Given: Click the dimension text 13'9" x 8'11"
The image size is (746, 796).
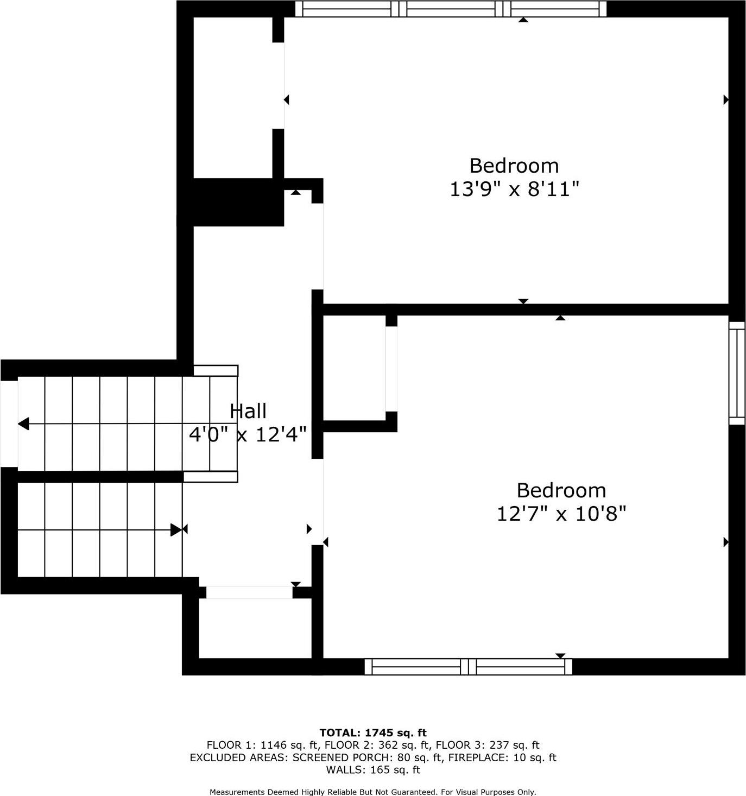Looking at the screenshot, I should tap(514, 189).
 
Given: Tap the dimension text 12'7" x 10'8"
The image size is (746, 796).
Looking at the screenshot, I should tap(561, 513).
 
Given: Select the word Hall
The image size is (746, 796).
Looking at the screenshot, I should tap(248, 411).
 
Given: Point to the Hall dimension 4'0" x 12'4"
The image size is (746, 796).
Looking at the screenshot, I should tap(248, 434).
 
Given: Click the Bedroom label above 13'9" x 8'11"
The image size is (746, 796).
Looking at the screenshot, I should tap(514, 165).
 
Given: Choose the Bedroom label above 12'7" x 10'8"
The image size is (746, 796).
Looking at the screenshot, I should tap(561, 490).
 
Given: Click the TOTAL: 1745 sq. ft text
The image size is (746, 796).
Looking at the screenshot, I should tap(373, 732).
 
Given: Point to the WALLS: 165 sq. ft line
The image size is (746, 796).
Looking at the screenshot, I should tap(373, 769).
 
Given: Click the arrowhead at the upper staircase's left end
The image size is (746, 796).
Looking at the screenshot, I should tap(23, 424).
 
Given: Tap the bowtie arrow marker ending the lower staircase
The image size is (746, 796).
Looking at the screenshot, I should tap(179, 529).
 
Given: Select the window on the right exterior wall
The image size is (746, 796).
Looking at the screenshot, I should tap(737, 372).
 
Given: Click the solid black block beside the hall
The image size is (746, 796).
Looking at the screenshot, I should tap(238, 202).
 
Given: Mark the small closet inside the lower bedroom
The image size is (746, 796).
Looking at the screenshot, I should tap(354, 368).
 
